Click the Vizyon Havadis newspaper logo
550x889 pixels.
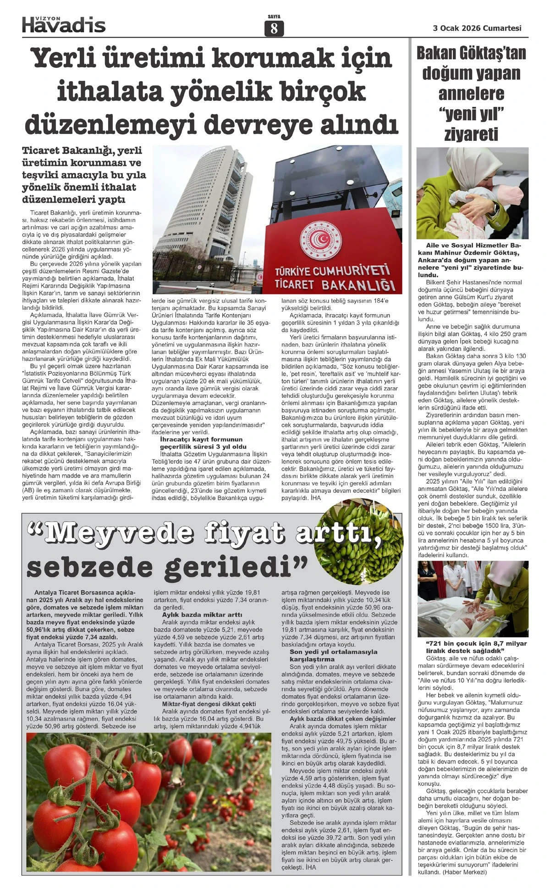pos(64,24)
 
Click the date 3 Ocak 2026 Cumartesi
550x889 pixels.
pos(477,28)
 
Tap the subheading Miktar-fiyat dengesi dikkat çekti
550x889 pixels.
pos(209,704)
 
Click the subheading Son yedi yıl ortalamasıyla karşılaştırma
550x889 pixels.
pos(333,655)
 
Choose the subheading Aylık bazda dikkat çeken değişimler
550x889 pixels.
pos(342,718)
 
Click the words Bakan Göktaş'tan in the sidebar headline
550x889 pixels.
pos(471,54)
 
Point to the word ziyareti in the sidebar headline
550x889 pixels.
pos(471,134)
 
